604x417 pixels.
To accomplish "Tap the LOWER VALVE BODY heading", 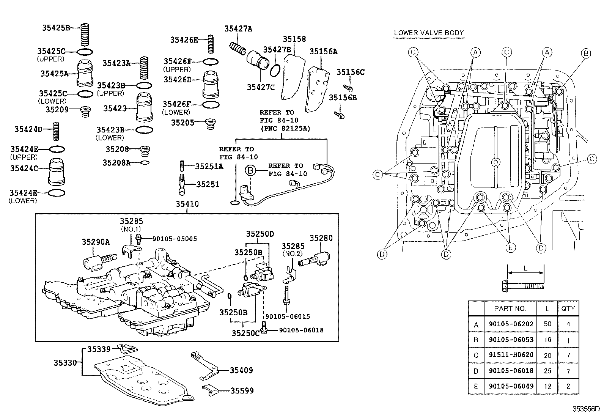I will pyautogui.click(x=429, y=33).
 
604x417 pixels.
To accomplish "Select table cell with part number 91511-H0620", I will pyautogui.click(x=511, y=355).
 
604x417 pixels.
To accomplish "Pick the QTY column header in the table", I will pyautogui.click(x=568, y=308).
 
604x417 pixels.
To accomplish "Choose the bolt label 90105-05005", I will pyautogui.click(x=175, y=239).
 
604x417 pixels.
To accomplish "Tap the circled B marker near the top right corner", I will pyautogui.click(x=585, y=53).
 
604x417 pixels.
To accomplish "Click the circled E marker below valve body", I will pyautogui.click(x=511, y=248).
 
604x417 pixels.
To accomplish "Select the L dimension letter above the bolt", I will pyautogui.click(x=525, y=268).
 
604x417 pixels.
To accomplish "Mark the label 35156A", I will pyautogui.click(x=323, y=52).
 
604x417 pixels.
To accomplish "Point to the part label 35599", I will pyautogui.click(x=241, y=390).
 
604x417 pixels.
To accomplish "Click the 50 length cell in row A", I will pyautogui.click(x=547, y=324).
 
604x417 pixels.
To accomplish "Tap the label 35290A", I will pyautogui.click(x=96, y=242).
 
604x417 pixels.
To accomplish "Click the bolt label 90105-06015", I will pyautogui.click(x=288, y=316).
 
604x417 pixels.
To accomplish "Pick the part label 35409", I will pyautogui.click(x=241, y=370).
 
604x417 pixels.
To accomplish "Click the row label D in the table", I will pyautogui.click(x=476, y=371).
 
